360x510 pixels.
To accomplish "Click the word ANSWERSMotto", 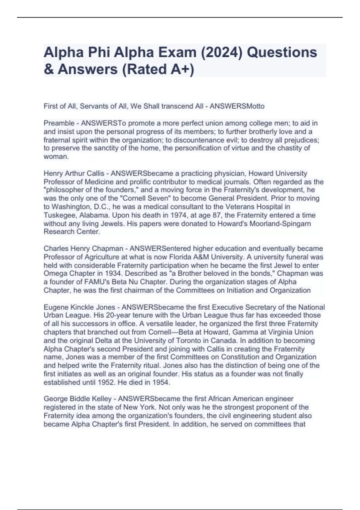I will coord(237,106).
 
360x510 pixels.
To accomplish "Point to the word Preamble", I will coord(59,123).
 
